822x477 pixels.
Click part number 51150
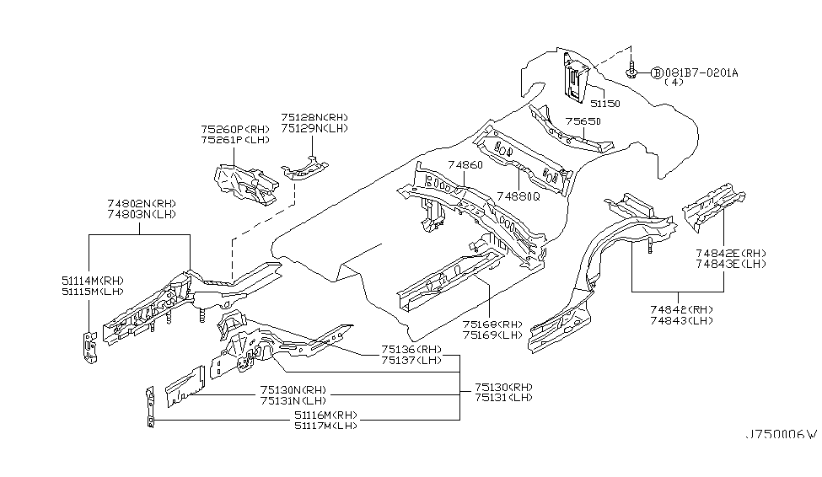click(x=604, y=104)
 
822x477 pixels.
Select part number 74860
click(x=465, y=165)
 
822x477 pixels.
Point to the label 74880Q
click(x=517, y=196)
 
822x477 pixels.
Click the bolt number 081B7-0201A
click(x=701, y=72)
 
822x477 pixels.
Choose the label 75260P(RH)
click(x=234, y=129)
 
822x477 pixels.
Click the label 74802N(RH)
click(x=140, y=204)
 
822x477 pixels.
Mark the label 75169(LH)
click(x=493, y=335)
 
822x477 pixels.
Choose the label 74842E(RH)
click(x=731, y=253)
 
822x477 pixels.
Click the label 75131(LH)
click(x=503, y=398)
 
